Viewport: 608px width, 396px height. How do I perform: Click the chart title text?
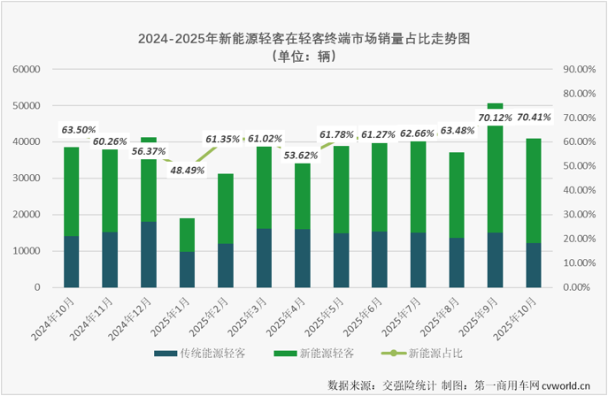(304, 39)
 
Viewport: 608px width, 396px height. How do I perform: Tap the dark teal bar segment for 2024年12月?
(149, 255)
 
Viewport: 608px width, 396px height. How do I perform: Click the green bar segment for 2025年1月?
(188, 234)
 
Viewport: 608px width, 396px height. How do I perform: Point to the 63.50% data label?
(79, 131)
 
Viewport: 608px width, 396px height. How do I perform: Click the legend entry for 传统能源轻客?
(203, 354)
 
